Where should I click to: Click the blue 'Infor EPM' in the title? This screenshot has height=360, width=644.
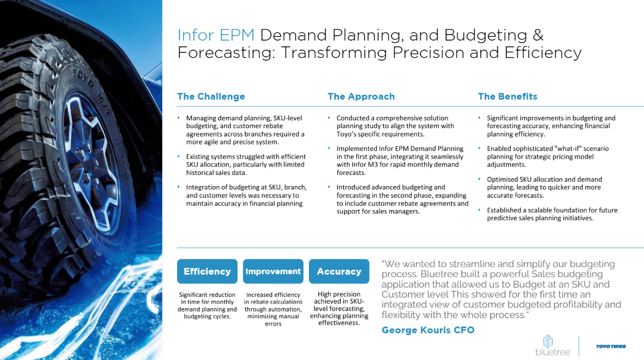click(216, 35)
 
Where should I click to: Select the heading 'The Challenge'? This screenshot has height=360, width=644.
click(211, 96)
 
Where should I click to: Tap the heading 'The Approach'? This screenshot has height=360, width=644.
click(361, 96)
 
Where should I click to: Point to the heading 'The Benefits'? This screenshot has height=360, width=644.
click(507, 96)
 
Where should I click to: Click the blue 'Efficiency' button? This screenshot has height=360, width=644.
click(207, 271)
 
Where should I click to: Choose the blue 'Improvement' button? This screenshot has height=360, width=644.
click(273, 271)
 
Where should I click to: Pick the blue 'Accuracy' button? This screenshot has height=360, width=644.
click(339, 271)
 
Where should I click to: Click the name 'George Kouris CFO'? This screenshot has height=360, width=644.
click(428, 330)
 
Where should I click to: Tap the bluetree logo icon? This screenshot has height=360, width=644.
click(548, 341)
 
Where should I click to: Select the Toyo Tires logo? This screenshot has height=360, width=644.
click(611, 347)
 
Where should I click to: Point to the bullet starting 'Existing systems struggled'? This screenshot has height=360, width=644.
click(245, 164)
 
